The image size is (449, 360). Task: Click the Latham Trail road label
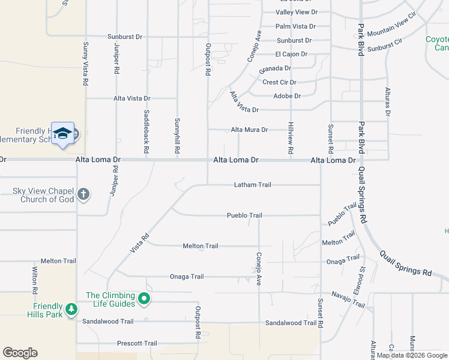[x=253, y=185]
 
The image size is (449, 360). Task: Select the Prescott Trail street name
[x=137, y=343]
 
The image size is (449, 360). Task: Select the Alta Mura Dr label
[x=249, y=129]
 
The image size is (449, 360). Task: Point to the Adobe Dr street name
[x=286, y=95]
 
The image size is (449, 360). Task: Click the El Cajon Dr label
[x=291, y=54]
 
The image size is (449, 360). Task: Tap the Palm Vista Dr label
[x=295, y=26]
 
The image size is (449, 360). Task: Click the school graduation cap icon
[x=62, y=134]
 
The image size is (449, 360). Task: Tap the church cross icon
[x=83, y=194]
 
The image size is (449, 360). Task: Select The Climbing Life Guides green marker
[x=143, y=298]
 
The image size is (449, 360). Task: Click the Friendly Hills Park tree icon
[x=71, y=309]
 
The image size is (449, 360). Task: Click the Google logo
[x=20, y=353]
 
